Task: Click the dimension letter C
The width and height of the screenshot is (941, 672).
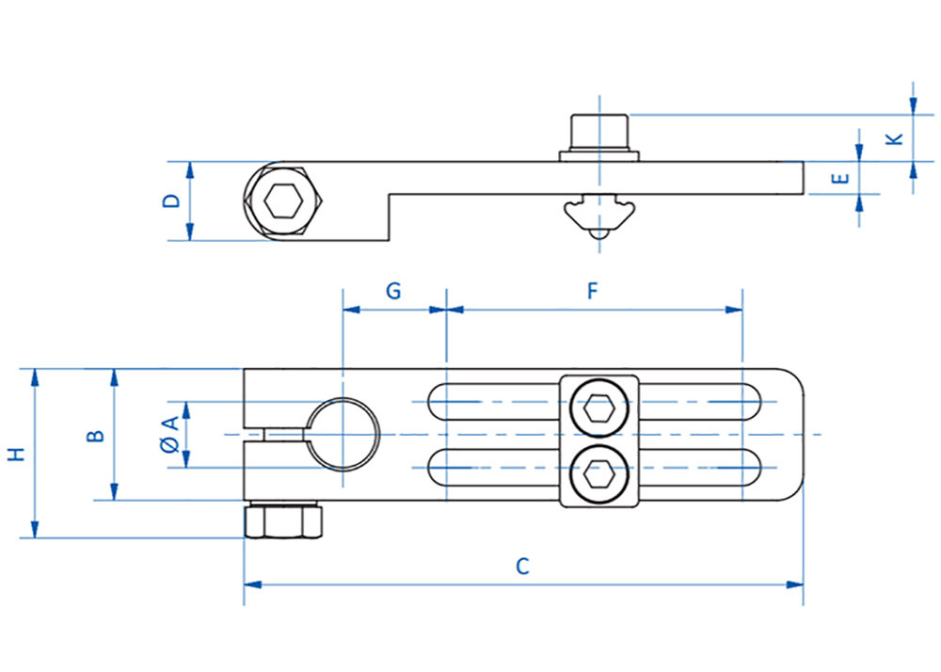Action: pos(522,566)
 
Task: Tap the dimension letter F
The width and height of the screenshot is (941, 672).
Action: pos(592,291)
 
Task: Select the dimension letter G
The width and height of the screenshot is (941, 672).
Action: pos(393,291)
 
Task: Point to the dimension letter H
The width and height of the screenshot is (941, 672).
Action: pos(17,454)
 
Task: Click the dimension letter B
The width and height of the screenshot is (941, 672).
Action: pos(95,436)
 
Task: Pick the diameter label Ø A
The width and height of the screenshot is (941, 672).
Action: pos(171,434)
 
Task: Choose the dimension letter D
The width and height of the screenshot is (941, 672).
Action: pos(171,200)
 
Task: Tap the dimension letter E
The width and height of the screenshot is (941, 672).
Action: pos(841,178)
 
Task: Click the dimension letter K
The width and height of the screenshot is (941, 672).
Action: pos(895,139)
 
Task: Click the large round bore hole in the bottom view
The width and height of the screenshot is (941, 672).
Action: pos(343,434)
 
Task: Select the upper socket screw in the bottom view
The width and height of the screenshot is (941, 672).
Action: pos(599,409)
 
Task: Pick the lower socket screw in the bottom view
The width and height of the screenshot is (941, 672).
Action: pos(599,475)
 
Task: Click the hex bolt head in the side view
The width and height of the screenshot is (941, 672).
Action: pos(283,201)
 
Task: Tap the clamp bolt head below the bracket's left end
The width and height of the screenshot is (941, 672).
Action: pos(283,520)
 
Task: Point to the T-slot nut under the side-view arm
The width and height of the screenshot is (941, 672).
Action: pos(598,215)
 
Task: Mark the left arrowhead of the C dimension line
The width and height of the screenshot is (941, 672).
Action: pos(252,584)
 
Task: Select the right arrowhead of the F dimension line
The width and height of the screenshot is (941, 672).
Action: pos(734,310)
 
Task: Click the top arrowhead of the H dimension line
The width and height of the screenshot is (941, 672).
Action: pos(35,377)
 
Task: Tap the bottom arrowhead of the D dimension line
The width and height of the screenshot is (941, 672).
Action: pos(190,232)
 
